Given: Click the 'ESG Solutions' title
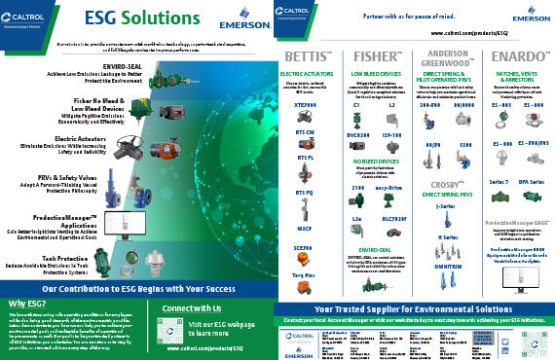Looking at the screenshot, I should [x=140, y=18].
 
